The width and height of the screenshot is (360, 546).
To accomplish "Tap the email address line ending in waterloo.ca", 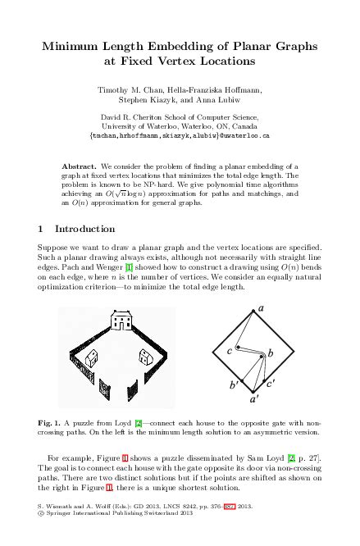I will (180, 135).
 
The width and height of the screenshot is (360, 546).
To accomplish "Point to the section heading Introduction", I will (84, 229).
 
